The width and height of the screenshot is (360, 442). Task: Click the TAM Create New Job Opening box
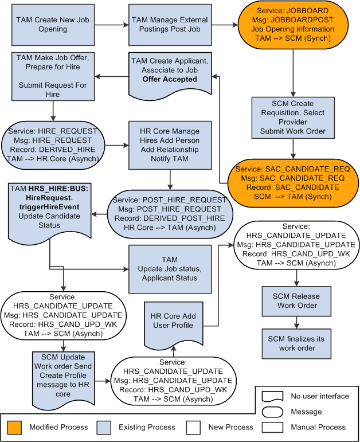point(45,25)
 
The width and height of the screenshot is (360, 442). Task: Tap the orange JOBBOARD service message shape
point(294,25)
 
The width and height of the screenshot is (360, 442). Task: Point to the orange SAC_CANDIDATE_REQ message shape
point(294,183)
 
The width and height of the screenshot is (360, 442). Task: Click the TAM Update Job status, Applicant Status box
point(170,269)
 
